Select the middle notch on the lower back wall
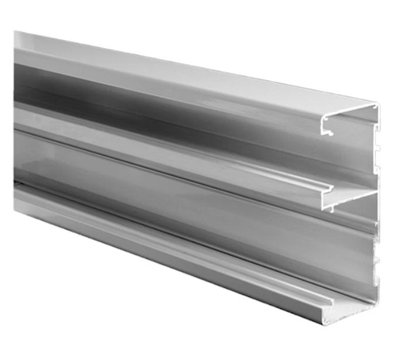(x=378, y=262)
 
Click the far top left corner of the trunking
(x=15, y=32)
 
